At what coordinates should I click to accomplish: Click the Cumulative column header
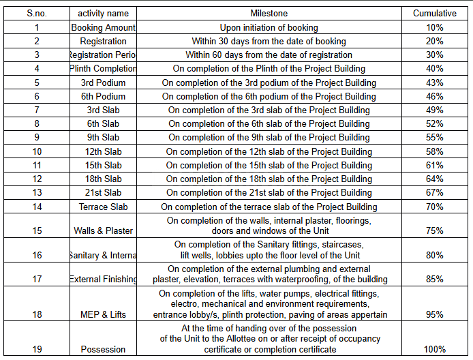tap(435, 13)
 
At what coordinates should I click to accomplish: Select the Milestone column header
tap(269, 13)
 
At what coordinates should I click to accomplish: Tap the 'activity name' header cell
tap(103, 13)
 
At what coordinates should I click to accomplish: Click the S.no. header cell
tap(37, 13)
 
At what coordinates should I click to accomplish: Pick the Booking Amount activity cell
tap(103, 28)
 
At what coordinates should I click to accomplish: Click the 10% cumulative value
tap(435, 28)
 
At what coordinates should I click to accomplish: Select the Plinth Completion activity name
tap(103, 69)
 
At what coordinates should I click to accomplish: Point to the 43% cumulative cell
tap(435, 82)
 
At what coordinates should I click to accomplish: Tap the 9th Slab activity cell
tap(103, 138)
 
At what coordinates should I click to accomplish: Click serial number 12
tap(37, 179)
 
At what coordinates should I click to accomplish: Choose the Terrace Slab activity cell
tap(103, 207)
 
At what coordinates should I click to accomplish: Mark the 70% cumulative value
tap(435, 207)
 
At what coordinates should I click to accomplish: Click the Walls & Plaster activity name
tap(103, 230)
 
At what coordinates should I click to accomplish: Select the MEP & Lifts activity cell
tap(103, 315)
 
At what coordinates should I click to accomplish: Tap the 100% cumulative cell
tap(435, 350)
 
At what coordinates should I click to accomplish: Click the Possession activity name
tap(103, 350)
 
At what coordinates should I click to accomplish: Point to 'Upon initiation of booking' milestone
tap(269, 28)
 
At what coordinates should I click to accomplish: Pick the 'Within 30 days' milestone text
tap(269, 42)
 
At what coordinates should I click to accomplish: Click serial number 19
tap(37, 350)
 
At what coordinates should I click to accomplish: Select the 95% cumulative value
tap(435, 315)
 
